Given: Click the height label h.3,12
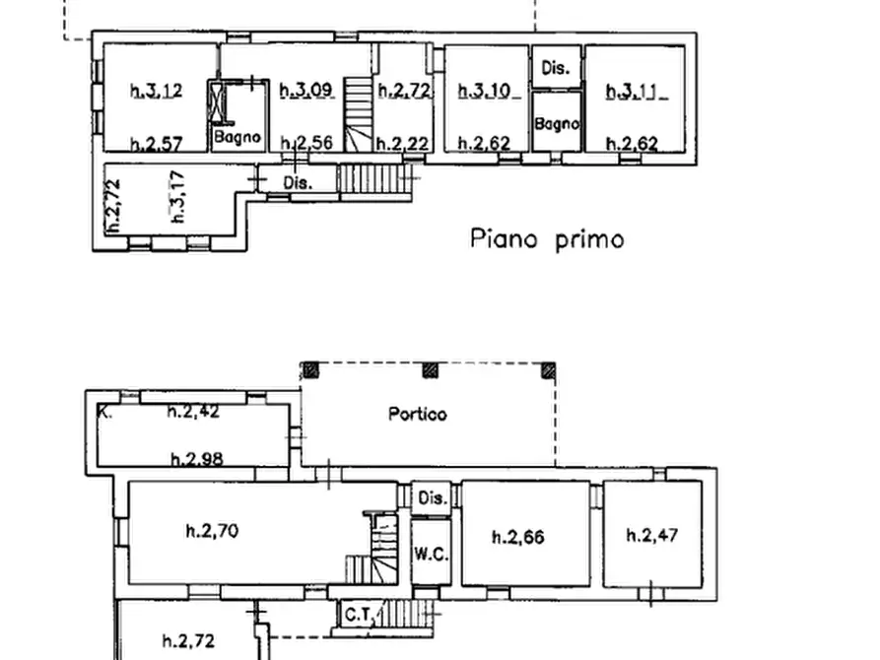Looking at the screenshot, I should point(156,92).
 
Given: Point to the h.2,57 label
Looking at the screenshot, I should point(156,144).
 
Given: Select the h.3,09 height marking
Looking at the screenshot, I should point(306,92).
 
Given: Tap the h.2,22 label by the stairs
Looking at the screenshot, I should point(403,144).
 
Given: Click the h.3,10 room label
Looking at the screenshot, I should point(485,92).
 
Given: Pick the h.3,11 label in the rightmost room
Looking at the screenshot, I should point(635,92).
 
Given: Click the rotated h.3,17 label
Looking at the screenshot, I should point(177,197).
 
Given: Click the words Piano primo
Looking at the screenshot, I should point(546,238).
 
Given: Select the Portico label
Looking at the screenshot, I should point(416,415).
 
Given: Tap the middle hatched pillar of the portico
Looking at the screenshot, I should point(430,371).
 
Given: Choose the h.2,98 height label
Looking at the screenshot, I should point(195,458).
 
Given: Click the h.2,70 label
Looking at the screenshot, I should point(212,532).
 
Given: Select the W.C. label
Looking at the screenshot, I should point(430,555).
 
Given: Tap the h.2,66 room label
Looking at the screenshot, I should point(517,537).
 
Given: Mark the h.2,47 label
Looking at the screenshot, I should point(652,536).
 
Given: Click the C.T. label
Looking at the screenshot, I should point(356,615).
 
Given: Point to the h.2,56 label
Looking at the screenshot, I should point(306,144).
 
